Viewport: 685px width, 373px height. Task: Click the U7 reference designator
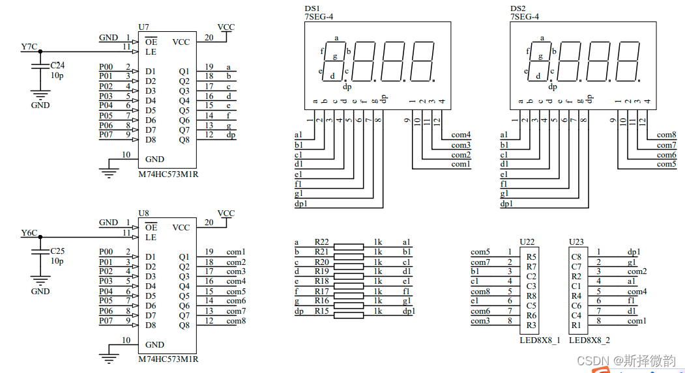click(144, 27)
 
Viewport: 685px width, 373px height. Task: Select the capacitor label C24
click(57, 66)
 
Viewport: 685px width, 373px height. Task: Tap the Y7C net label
click(29, 47)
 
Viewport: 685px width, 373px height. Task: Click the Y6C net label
click(29, 232)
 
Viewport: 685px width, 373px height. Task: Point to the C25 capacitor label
click(57, 251)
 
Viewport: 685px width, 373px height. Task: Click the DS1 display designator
click(312, 8)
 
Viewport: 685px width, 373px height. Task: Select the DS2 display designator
click(517, 8)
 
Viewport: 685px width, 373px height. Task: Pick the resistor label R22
click(321, 242)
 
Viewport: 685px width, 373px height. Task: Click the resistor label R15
click(321, 311)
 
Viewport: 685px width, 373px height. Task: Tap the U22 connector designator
click(527, 242)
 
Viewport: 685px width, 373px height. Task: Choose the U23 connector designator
click(576, 242)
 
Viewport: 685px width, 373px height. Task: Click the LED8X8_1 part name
click(540, 340)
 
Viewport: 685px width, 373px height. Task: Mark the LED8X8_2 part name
click(590, 340)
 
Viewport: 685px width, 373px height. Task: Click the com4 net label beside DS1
click(461, 135)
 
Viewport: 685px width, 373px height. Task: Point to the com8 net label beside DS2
click(667, 135)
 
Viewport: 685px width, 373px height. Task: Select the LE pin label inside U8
click(151, 238)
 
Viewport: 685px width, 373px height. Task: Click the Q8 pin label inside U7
click(184, 139)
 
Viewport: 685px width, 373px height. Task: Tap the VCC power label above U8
click(226, 214)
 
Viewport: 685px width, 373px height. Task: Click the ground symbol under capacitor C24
click(40, 94)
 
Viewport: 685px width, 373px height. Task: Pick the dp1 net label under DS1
click(301, 204)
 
